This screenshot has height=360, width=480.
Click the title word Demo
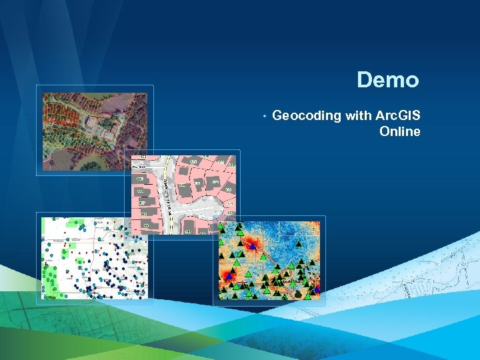[387, 81]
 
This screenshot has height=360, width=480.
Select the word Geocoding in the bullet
[307, 116]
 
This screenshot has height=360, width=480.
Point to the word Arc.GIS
[398, 116]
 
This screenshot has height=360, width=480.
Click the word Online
[399, 131]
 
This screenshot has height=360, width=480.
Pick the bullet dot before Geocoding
[265, 117]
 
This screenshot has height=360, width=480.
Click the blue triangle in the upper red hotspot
[252, 246]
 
